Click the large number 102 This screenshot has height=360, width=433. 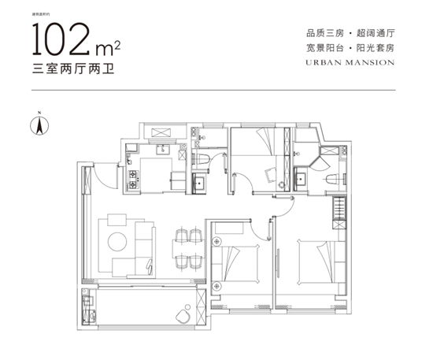pyautogui.click(x=64, y=39)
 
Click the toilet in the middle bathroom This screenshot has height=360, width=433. pyautogui.click(x=202, y=161)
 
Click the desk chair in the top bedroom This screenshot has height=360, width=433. pyautogui.click(x=270, y=175)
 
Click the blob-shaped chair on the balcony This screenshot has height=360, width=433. pyautogui.click(x=182, y=312)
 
